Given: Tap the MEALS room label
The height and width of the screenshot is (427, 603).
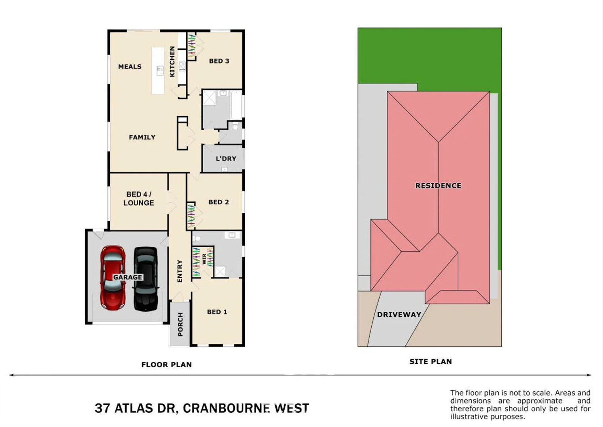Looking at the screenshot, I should pyautogui.click(x=130, y=67).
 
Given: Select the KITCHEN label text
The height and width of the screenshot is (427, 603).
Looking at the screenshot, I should pyautogui.click(x=172, y=61).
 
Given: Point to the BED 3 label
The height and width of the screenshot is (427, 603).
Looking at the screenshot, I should pyautogui.click(x=219, y=61).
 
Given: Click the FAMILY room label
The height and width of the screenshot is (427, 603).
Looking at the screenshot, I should pyautogui.click(x=142, y=137).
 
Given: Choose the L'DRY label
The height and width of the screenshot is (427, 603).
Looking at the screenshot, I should pyautogui.click(x=226, y=159).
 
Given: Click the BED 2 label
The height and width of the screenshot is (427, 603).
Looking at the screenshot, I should pyautogui.click(x=219, y=202).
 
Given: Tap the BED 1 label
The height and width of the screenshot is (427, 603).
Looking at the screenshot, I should pyautogui.click(x=217, y=312).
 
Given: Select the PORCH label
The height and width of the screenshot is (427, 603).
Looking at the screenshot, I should pyautogui.click(x=180, y=324).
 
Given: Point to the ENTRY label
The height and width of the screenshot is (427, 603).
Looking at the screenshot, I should pyautogui.click(x=180, y=271).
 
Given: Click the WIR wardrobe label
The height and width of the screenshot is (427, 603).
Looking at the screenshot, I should pyautogui.click(x=204, y=259).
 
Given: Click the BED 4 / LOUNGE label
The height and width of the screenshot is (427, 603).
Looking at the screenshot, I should pyautogui.click(x=138, y=198).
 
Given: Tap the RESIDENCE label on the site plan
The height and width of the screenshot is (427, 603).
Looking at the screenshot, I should pyautogui.click(x=438, y=185).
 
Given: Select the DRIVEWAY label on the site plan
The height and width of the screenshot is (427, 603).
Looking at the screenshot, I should pyautogui.click(x=399, y=315).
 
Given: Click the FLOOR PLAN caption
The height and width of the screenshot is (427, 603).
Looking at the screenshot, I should pyautogui.click(x=166, y=365).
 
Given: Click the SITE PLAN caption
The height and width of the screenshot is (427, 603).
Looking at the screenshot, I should pyautogui.click(x=431, y=361).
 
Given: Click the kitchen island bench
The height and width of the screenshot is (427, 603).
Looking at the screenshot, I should pyautogui.click(x=158, y=71).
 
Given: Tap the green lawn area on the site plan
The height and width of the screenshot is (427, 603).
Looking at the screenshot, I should pyautogui.click(x=429, y=55).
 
